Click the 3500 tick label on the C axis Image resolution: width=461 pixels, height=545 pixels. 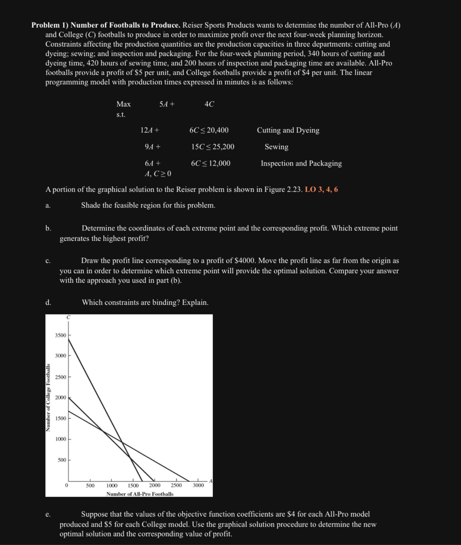(x=61, y=335)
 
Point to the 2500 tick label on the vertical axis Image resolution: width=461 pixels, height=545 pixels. (x=61, y=377)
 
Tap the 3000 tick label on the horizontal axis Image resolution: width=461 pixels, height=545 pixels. (x=198, y=485)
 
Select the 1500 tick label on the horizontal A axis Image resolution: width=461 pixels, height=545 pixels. (x=133, y=485)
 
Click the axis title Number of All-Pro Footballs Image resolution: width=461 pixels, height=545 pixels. (x=140, y=494)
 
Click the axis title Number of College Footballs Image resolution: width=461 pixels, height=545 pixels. (x=48, y=397)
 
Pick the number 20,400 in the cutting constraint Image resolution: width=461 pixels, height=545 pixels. (x=218, y=130)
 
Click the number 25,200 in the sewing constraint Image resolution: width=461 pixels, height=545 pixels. (x=223, y=147)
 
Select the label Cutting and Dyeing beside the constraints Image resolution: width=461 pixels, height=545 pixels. (x=288, y=130)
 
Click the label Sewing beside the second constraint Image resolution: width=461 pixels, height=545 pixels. (x=276, y=147)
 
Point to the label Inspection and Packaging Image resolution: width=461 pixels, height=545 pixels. (x=301, y=163)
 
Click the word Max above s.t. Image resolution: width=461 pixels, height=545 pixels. (x=123, y=104)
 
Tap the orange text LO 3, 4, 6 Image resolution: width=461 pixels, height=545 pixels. (x=321, y=189)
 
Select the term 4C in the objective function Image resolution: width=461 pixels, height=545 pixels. (x=209, y=104)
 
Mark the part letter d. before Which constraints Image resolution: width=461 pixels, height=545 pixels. (x=48, y=302)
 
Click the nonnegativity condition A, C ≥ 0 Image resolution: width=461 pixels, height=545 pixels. (x=158, y=174)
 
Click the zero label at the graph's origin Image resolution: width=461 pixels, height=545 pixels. (x=66, y=485)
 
